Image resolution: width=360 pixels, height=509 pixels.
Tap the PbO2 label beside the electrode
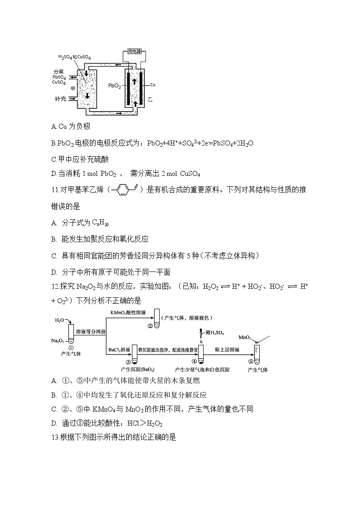coord(114,85)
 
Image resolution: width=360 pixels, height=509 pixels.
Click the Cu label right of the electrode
coord(153,85)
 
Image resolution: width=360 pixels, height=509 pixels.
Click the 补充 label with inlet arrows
coord(59,97)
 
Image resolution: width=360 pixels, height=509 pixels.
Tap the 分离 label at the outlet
coord(58,72)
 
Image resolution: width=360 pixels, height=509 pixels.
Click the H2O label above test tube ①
coord(59,320)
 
